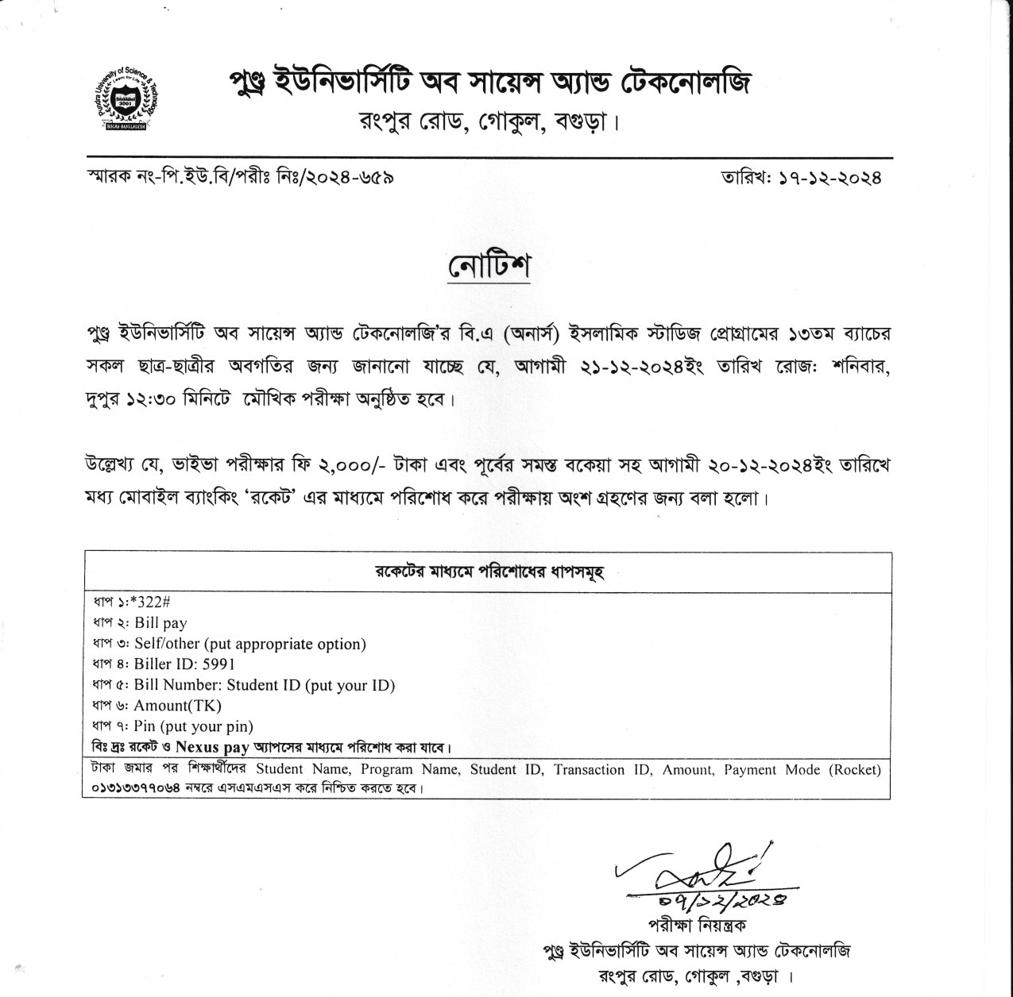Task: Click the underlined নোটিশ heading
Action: click(489, 268)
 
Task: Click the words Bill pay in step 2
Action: click(160, 623)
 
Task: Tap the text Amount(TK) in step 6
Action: click(177, 706)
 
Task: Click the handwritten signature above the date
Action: click(699, 870)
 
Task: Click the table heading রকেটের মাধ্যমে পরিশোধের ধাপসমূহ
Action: click(489, 572)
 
